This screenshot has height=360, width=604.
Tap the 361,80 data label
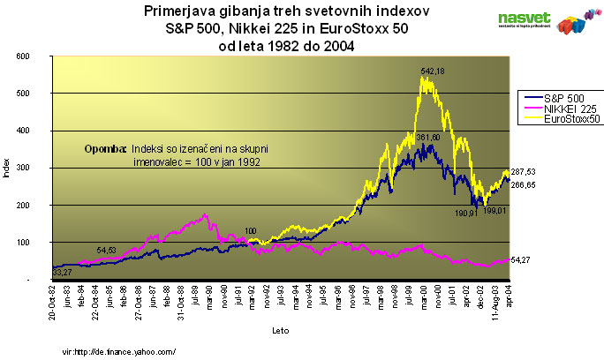click(427, 137)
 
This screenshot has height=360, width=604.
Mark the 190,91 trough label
click(465, 212)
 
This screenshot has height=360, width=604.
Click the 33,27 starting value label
click(39, 273)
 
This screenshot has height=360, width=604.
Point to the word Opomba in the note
click(106, 149)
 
